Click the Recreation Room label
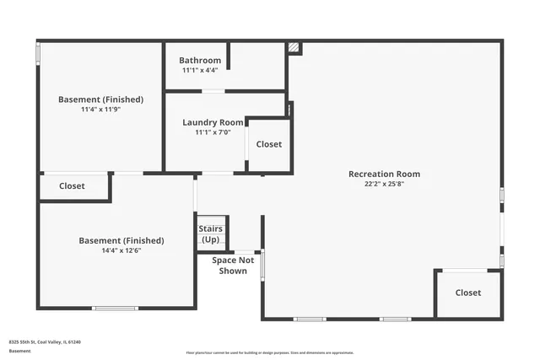point(384,175)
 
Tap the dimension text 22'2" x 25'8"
point(384,184)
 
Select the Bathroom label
point(200,61)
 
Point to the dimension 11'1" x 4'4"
point(200,70)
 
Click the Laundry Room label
point(213,122)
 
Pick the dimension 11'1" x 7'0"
point(213,132)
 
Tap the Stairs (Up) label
point(210,234)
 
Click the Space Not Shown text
point(233,266)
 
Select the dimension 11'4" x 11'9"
point(100,110)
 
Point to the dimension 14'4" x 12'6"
point(121,250)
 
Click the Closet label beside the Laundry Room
point(268,144)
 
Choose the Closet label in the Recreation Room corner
point(468,293)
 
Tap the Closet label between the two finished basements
point(72,186)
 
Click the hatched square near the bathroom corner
point(294,48)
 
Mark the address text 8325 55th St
point(44,342)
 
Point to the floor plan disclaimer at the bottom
point(271,352)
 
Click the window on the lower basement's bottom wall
point(115,309)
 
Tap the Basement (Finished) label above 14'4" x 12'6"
point(121,240)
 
